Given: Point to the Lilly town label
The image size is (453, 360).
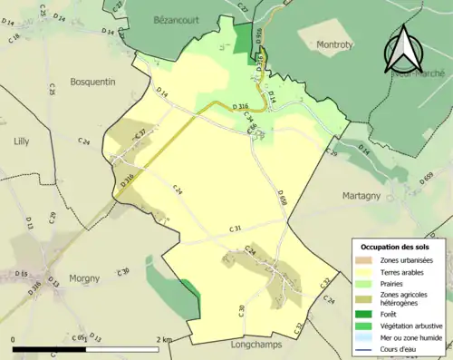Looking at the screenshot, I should (x=22, y=141).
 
